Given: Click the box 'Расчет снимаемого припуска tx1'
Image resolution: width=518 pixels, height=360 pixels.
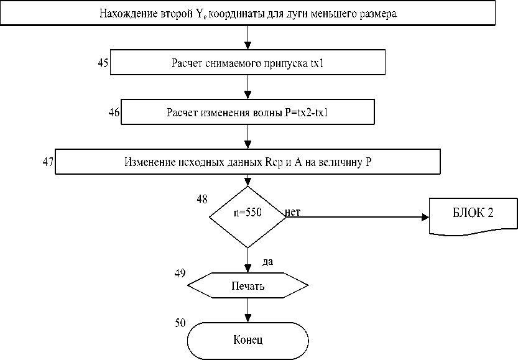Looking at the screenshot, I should pyautogui.click(x=247, y=63).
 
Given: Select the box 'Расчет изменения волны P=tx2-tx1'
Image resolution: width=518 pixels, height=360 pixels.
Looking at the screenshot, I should pyautogui.click(x=247, y=112).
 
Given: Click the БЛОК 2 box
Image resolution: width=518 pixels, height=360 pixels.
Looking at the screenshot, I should pyautogui.click(x=473, y=213).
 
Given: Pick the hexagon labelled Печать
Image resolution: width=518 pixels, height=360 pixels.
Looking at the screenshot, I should pyautogui.click(x=247, y=287).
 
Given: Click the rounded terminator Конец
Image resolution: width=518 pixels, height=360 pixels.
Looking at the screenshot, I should pyautogui.click(x=247, y=339).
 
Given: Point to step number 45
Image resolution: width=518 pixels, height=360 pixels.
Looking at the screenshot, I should pyautogui.click(x=104, y=62).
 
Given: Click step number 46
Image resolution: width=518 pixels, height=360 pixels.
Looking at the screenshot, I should pyautogui.click(x=114, y=112).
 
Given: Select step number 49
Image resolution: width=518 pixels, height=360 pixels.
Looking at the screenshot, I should pyautogui.click(x=180, y=273).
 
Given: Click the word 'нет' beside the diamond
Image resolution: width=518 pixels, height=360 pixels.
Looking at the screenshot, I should pyautogui.click(x=293, y=213).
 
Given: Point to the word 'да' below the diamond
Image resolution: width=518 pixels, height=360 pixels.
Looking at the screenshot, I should pyautogui.click(x=268, y=261).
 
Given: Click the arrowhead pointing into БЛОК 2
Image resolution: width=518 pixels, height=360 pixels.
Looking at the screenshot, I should pyautogui.click(x=425, y=217).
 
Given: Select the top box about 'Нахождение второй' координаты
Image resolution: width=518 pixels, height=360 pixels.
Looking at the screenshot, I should pyautogui.click(x=247, y=13).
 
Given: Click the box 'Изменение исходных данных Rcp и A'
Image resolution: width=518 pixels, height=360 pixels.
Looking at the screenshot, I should pyautogui.click(x=247, y=162).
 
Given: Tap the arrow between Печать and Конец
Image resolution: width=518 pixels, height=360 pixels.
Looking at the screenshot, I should pyautogui.click(x=248, y=310).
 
